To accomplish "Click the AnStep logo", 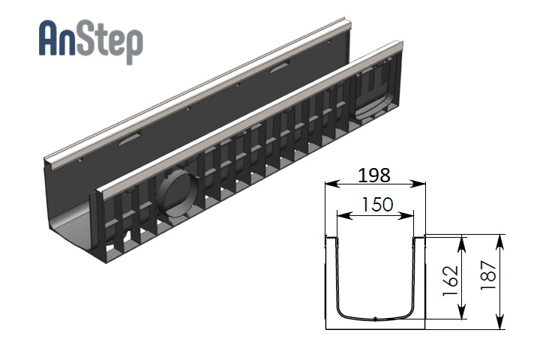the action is [x=91, y=41].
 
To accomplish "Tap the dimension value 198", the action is [x=374, y=175].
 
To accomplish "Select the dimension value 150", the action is [x=377, y=204].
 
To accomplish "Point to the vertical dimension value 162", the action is [x=451, y=281].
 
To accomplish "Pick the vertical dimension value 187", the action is [x=488, y=275].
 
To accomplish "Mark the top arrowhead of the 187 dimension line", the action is [x=500, y=242].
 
